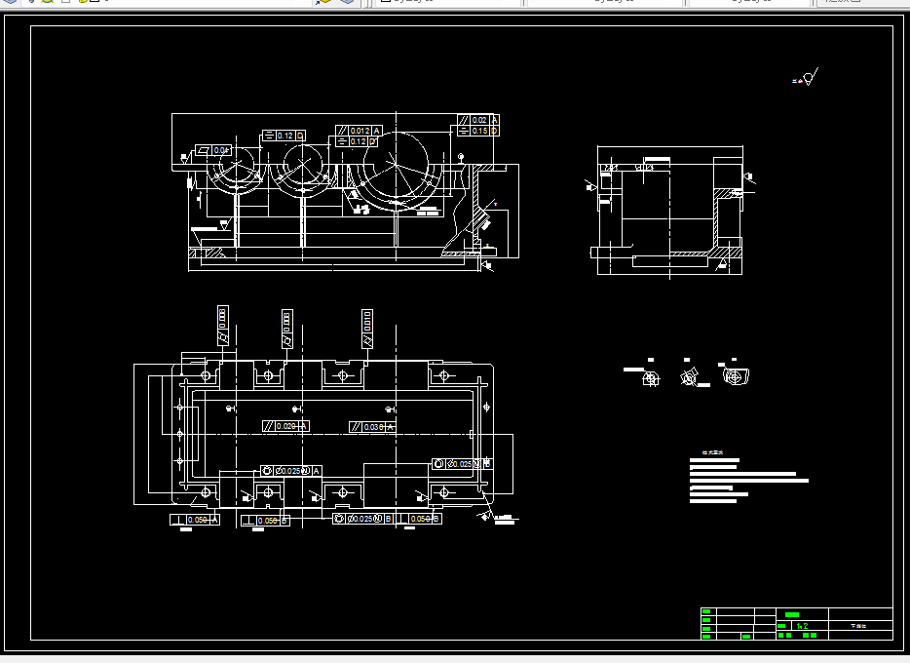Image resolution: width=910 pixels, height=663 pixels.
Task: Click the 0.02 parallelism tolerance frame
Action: pos(478,120)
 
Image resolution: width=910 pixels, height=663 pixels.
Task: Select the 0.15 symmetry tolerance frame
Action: pos(478,131)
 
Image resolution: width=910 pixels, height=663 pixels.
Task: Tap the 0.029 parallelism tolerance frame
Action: pos(285,426)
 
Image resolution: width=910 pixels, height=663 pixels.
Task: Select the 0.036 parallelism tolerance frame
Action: pos(372,427)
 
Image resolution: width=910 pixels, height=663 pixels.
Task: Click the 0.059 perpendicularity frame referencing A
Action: pos(195,520)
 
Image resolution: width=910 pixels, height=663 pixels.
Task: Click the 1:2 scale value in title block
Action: pos(802,625)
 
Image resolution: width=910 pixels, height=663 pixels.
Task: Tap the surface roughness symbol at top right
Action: pos(808,79)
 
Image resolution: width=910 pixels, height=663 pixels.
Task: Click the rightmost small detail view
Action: pos(737,375)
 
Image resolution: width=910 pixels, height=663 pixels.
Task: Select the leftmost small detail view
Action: pos(648,377)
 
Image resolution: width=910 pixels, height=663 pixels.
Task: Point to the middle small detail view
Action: pos(690,376)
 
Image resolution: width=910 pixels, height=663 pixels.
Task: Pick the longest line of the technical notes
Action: pos(748,480)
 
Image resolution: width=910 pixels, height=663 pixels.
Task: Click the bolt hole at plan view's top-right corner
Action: pos(443,375)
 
